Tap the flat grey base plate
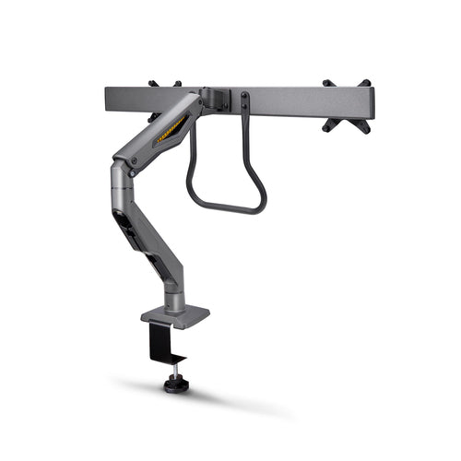point(175,316)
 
